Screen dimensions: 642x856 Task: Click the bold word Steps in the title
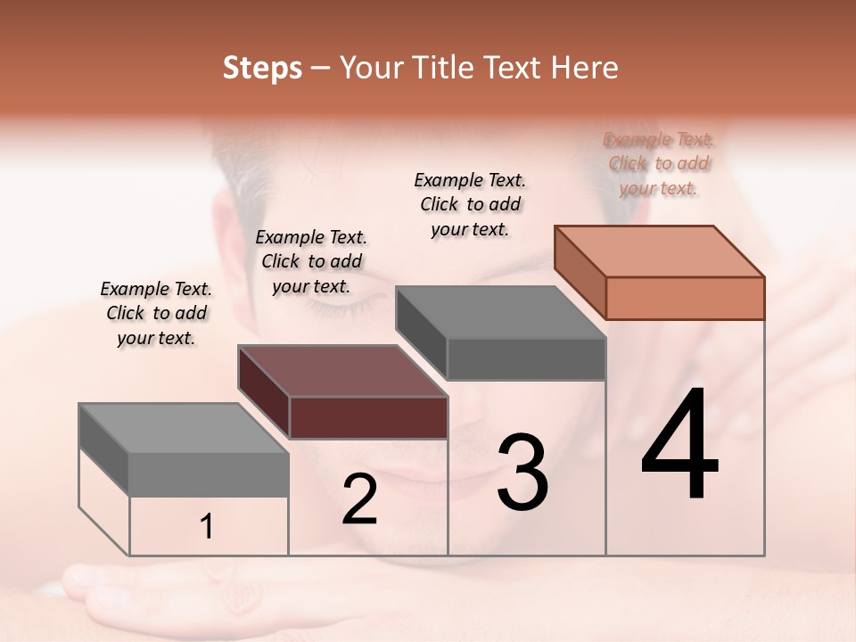tap(262, 68)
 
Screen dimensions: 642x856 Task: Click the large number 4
tap(679, 446)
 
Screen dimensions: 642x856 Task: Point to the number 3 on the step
tap(523, 473)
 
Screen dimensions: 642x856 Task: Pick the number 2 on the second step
tap(359, 499)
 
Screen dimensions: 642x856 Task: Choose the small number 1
tap(206, 527)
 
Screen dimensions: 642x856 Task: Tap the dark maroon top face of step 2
tap(342, 371)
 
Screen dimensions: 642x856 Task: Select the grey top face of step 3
tap(500, 312)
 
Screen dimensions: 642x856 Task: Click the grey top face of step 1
tap(183, 428)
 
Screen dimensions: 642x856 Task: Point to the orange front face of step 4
tap(685, 298)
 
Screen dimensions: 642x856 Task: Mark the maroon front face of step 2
tap(368, 417)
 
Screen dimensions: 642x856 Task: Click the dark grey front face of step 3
tap(526, 358)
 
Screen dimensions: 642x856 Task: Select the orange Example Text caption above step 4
tap(659, 164)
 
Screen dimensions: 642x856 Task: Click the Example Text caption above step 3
tap(470, 204)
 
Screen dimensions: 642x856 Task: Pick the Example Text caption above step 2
tap(311, 261)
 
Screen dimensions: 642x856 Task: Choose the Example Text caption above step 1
tap(156, 313)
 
